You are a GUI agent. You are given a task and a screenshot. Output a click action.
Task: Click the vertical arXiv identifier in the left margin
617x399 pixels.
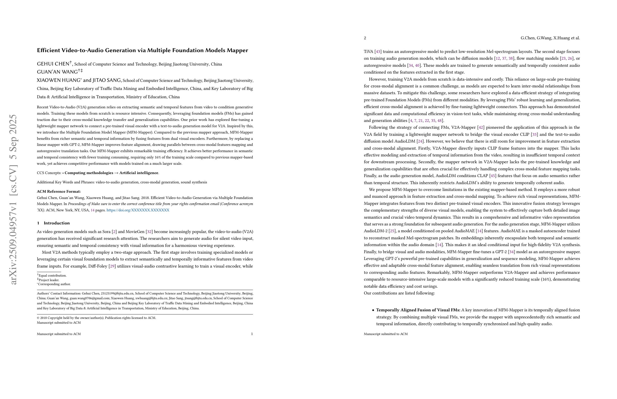[x=13, y=199]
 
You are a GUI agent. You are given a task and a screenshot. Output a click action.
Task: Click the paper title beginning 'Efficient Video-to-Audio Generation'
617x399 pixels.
[x=142, y=50]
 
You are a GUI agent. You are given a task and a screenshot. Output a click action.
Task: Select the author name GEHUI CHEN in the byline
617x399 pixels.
[x=53, y=64]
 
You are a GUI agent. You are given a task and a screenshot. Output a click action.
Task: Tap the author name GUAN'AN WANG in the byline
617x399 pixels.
[x=57, y=72]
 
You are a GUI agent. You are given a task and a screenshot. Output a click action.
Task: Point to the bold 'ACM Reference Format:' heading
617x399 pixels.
[x=58, y=191]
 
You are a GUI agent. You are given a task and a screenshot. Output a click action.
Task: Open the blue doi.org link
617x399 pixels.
[x=138, y=210]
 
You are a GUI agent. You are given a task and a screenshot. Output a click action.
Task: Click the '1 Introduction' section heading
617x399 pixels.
[x=53, y=223]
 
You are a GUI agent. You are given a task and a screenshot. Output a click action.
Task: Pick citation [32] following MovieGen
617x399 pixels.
[x=149, y=232]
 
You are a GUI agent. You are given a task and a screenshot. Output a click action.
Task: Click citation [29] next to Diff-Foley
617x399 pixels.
[x=112, y=266]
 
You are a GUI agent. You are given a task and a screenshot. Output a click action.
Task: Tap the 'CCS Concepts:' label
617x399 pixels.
[x=49, y=173]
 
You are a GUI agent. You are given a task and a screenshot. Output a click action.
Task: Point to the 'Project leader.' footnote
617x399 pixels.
[x=48, y=280]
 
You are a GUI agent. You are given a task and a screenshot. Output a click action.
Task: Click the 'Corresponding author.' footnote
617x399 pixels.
[x=54, y=284]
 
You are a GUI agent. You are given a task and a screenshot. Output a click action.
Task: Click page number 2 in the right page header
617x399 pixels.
[x=365, y=38]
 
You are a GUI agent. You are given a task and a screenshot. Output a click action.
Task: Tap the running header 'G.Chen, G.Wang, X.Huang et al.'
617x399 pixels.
[x=550, y=38]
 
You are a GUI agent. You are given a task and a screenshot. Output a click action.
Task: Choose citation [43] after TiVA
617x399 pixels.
[x=378, y=52]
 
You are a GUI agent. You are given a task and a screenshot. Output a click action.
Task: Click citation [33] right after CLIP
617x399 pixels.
[x=534, y=135]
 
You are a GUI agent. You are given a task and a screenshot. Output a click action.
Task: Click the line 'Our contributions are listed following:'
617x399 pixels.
[x=399, y=293]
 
